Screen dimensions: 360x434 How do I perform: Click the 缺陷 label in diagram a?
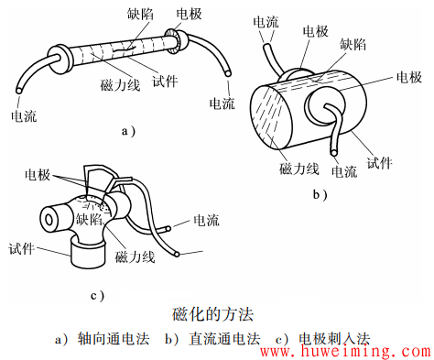140,16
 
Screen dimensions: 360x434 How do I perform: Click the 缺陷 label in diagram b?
354,43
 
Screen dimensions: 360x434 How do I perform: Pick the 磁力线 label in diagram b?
298,169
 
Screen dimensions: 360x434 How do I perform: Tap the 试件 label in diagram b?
378,162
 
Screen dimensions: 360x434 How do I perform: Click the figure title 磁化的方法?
216,315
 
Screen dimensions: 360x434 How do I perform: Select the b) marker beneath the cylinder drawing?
320,194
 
